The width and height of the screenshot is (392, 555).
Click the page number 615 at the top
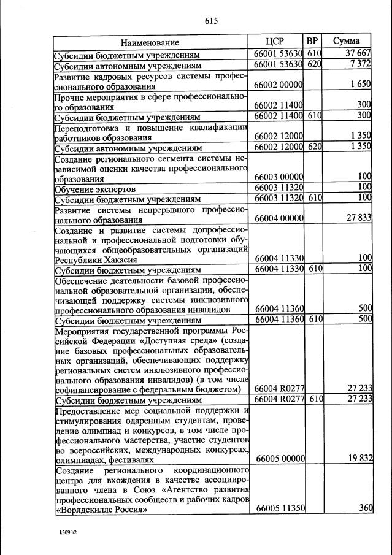pos(212,21)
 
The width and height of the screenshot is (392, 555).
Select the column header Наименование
pos(150,42)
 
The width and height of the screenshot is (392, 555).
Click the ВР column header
pos(313,41)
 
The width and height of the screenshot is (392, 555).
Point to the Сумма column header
pos(347,41)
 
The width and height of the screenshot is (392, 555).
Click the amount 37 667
pos(359,54)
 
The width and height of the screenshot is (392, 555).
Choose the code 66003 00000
pos(279,178)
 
